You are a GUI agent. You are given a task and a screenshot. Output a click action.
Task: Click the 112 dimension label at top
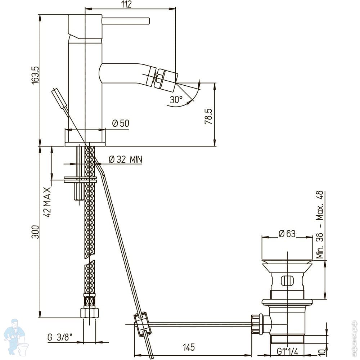pyautogui.click(x=126, y=4)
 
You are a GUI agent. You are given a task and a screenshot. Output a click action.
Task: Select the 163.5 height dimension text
pyautogui.click(x=36, y=75)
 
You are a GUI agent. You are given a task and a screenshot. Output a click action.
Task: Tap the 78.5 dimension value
pyautogui.click(x=208, y=116)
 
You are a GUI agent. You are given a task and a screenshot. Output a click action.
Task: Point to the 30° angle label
pyautogui.click(x=176, y=100)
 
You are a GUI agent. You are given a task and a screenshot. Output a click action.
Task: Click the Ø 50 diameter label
pyautogui.click(x=121, y=123)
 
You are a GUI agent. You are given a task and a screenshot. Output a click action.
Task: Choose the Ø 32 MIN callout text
pyautogui.click(x=125, y=159)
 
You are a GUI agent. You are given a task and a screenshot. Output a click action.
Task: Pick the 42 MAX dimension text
pyautogui.click(x=47, y=202)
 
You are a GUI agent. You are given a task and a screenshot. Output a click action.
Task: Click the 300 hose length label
pyautogui.click(x=36, y=232)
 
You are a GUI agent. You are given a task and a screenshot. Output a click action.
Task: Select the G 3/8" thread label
pyautogui.click(x=60, y=337)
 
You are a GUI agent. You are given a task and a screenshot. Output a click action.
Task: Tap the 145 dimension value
pyautogui.click(x=189, y=347)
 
